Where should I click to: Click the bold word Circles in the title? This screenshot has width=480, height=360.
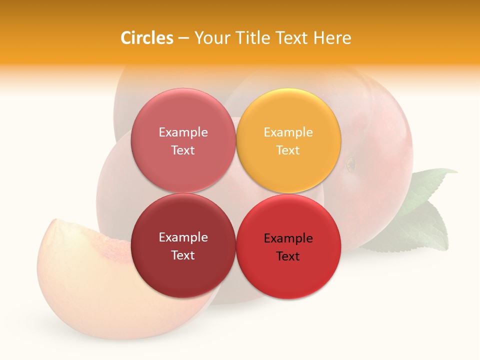pyautogui.click(x=146, y=38)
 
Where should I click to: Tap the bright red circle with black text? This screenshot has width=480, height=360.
pyautogui.click(x=288, y=275)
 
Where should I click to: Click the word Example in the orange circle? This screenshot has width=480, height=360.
pyautogui.click(x=288, y=132)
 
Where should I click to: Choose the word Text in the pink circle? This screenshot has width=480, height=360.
pyautogui.click(x=183, y=150)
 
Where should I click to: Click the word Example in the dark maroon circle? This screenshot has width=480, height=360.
pyautogui.click(x=183, y=237)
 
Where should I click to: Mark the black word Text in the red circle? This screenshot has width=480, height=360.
pyautogui.click(x=288, y=256)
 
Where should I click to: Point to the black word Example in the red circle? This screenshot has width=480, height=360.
pyautogui.click(x=288, y=238)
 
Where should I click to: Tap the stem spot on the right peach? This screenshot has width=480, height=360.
pyautogui.click(x=350, y=163)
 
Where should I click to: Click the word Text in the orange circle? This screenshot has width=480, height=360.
pyautogui.click(x=288, y=150)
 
